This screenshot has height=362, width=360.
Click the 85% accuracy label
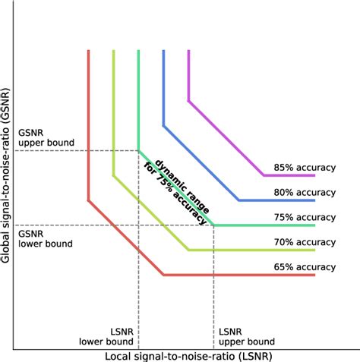305,167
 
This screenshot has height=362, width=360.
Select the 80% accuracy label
305,192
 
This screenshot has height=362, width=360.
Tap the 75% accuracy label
305,216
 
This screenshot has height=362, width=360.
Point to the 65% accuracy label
305,266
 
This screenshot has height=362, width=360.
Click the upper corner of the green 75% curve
138,150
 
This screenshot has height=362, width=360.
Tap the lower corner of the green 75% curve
213,225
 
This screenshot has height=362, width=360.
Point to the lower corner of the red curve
163,275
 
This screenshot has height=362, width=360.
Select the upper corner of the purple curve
188,100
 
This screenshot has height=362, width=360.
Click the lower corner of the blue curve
238,200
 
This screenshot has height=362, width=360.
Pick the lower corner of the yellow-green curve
188,250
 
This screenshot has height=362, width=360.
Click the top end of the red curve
89,50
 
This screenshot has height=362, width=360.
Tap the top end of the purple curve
188,50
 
